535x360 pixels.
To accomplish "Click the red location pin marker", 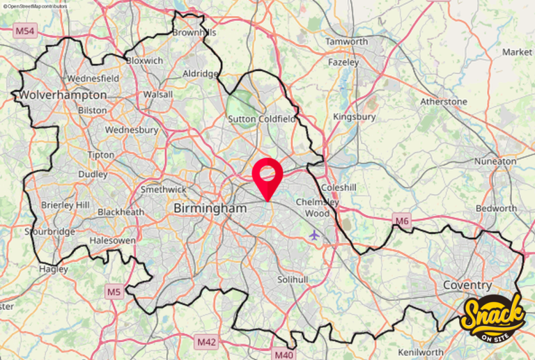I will [x=267, y=175].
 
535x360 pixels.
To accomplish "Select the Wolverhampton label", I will [x=63, y=95].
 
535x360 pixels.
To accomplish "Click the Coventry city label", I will [x=467, y=285].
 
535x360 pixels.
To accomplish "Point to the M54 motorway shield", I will [x=24, y=31].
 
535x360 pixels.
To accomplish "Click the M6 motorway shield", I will [x=402, y=221].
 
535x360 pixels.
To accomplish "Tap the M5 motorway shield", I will [x=114, y=292].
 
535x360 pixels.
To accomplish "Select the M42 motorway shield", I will [x=206, y=342].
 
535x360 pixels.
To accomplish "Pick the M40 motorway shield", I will [x=284, y=354].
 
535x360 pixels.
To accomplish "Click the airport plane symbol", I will [x=314, y=235].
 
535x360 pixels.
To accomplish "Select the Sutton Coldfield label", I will [x=263, y=120].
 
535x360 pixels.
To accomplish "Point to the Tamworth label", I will [x=347, y=42].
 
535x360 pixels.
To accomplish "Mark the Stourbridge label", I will [x=49, y=231].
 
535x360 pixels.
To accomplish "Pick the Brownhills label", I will [x=194, y=33].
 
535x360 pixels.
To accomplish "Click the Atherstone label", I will [x=444, y=102].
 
